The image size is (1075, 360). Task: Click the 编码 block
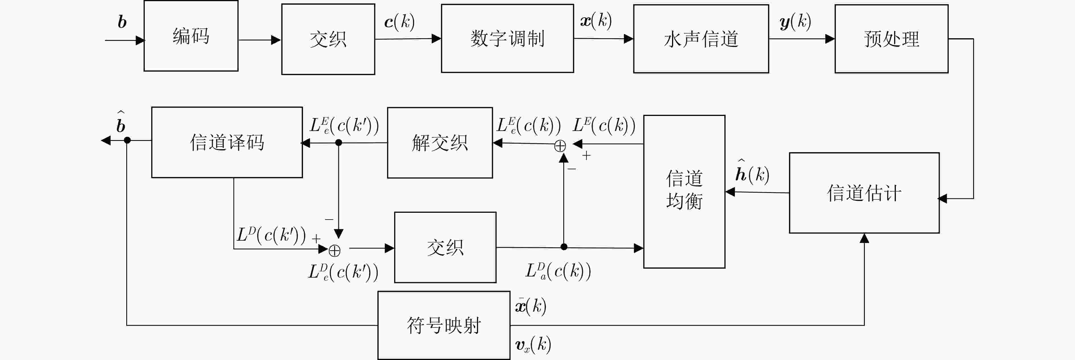coord(191,36)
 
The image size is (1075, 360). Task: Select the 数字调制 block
coord(507,38)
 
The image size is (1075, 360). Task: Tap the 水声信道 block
coord(701,39)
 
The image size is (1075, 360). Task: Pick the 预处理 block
coord(891,39)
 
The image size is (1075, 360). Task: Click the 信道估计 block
coord(864,193)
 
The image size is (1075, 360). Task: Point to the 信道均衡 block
coord(685,192)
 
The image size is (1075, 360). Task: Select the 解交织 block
coord(440,143)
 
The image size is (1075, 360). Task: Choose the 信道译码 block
coord(227,142)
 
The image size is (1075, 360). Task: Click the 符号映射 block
coord(444,325)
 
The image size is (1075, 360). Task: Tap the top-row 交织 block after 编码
coord(328,39)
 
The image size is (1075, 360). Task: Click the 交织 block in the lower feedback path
coord(445,247)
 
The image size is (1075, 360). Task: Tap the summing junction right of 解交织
coord(560,146)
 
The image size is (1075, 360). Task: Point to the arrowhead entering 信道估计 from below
coord(864,238)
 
